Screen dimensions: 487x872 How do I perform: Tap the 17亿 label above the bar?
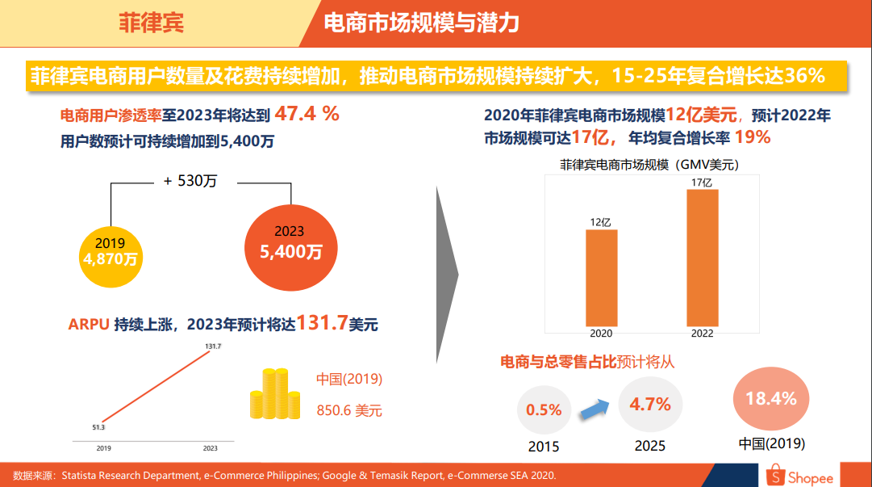point(702,183)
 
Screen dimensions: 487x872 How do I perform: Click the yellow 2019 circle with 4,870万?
point(111,252)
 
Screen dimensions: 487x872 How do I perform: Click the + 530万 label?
point(190,182)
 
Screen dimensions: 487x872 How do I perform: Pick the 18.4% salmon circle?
point(771,399)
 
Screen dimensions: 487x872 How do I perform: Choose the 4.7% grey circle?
point(650,404)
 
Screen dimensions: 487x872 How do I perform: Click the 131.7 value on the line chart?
point(213,346)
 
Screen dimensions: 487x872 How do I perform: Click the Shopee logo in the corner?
point(798,476)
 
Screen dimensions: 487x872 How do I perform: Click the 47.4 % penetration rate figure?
point(307,114)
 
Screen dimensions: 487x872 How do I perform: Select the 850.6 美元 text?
point(349,411)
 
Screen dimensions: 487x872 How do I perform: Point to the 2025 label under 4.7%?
point(650,445)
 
